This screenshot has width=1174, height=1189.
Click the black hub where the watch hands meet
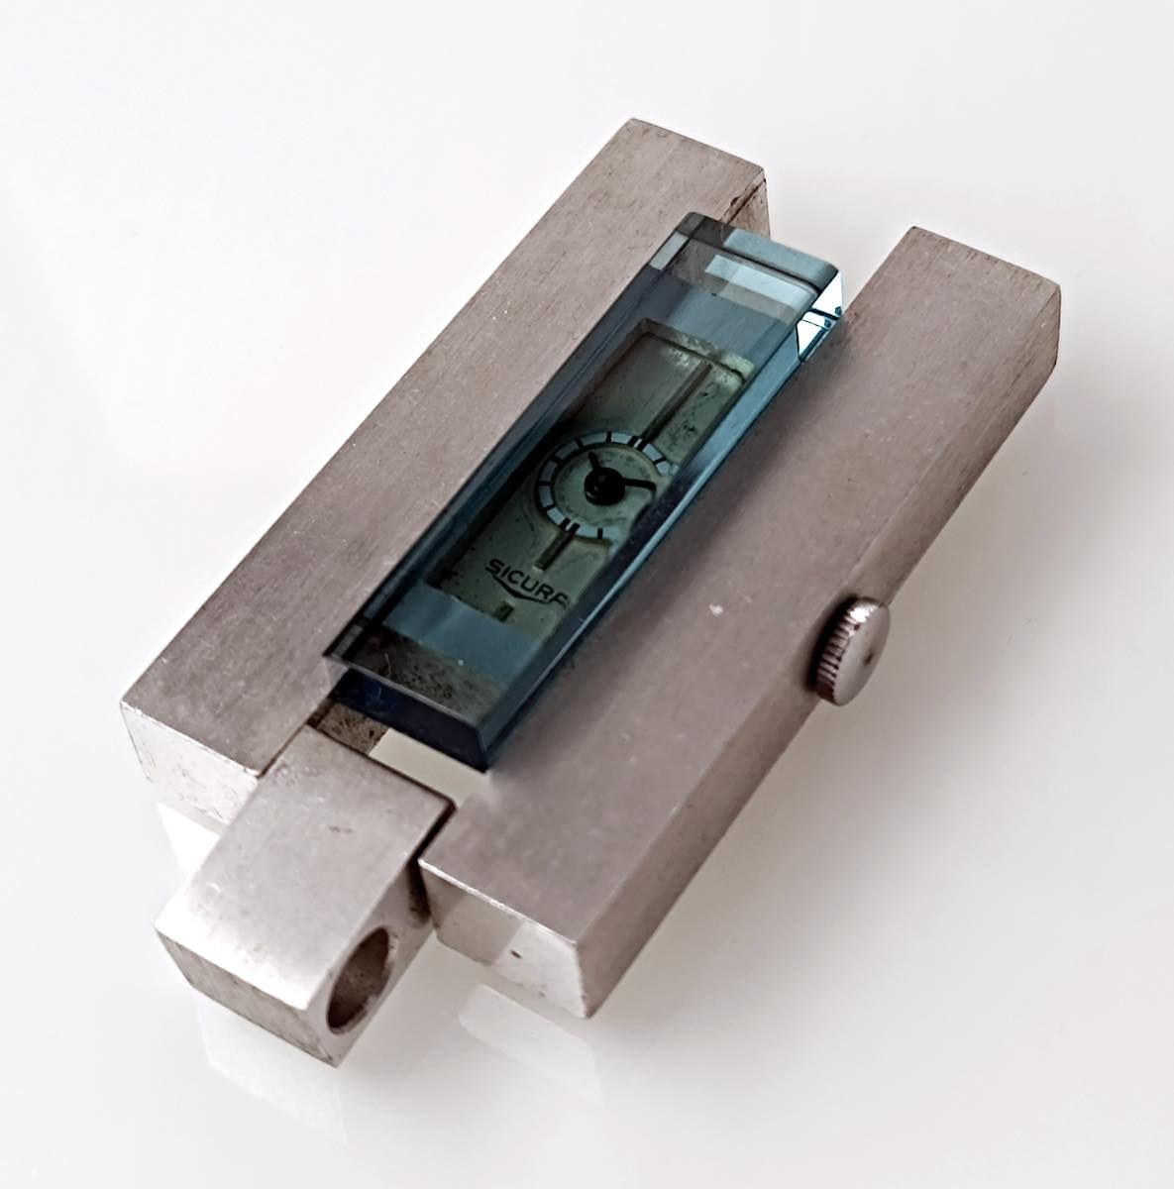(596, 488)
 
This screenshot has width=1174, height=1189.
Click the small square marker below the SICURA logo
(505, 611)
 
